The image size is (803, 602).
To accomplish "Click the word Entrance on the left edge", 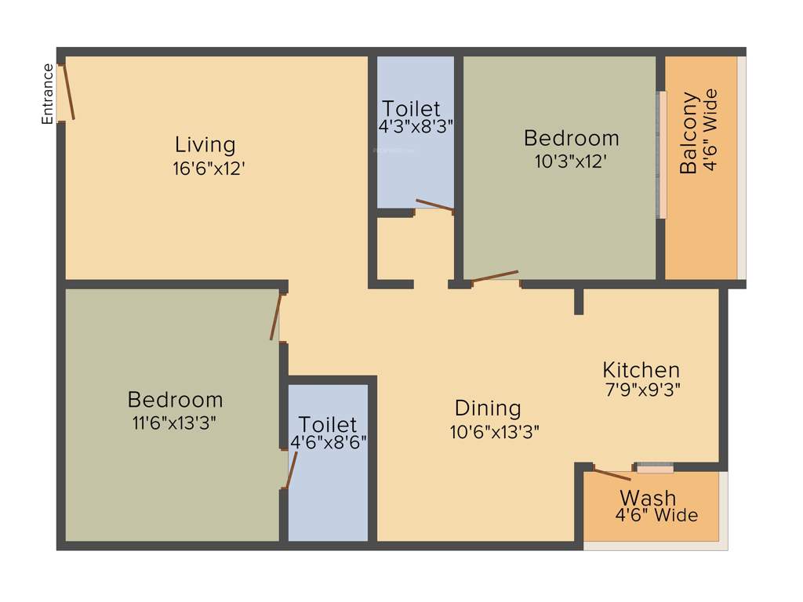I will [x=48, y=93].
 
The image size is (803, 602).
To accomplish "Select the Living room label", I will [x=205, y=145].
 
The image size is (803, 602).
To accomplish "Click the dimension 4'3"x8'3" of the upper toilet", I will [x=416, y=126].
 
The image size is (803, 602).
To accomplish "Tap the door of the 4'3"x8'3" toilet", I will [x=434, y=205].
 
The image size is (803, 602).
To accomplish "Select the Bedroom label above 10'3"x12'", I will [x=571, y=139].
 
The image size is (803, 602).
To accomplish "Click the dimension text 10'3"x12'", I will [x=570, y=161].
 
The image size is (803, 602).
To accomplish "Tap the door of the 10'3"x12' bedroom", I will [x=495, y=276].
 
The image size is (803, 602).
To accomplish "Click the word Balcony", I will [x=689, y=133].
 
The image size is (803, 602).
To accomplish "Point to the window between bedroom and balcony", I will [x=661, y=155].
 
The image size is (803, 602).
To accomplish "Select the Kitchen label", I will [x=641, y=369].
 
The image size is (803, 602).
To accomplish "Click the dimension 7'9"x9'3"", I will [x=641, y=390].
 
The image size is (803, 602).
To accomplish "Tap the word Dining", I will [x=488, y=408].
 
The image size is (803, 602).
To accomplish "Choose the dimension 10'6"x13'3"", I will [x=494, y=430].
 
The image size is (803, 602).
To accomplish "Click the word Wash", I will [x=648, y=498].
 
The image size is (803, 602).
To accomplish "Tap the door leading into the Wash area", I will [x=612, y=473].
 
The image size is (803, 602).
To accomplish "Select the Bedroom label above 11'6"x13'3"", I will [x=175, y=400].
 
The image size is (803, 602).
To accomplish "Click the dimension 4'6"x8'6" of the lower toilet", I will [x=329, y=442].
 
